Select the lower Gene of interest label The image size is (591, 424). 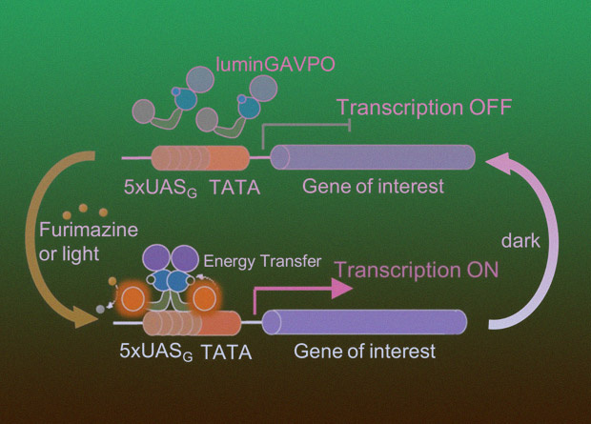(364, 352)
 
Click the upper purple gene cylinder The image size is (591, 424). (374, 158)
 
